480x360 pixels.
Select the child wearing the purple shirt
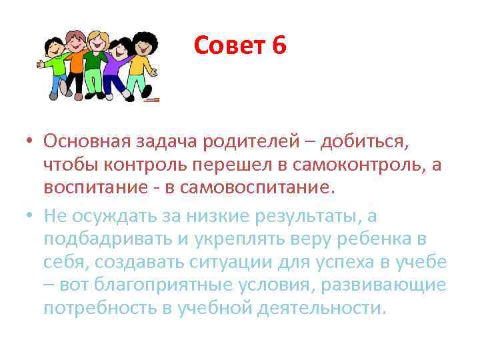119,67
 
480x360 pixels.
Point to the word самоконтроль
363,165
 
